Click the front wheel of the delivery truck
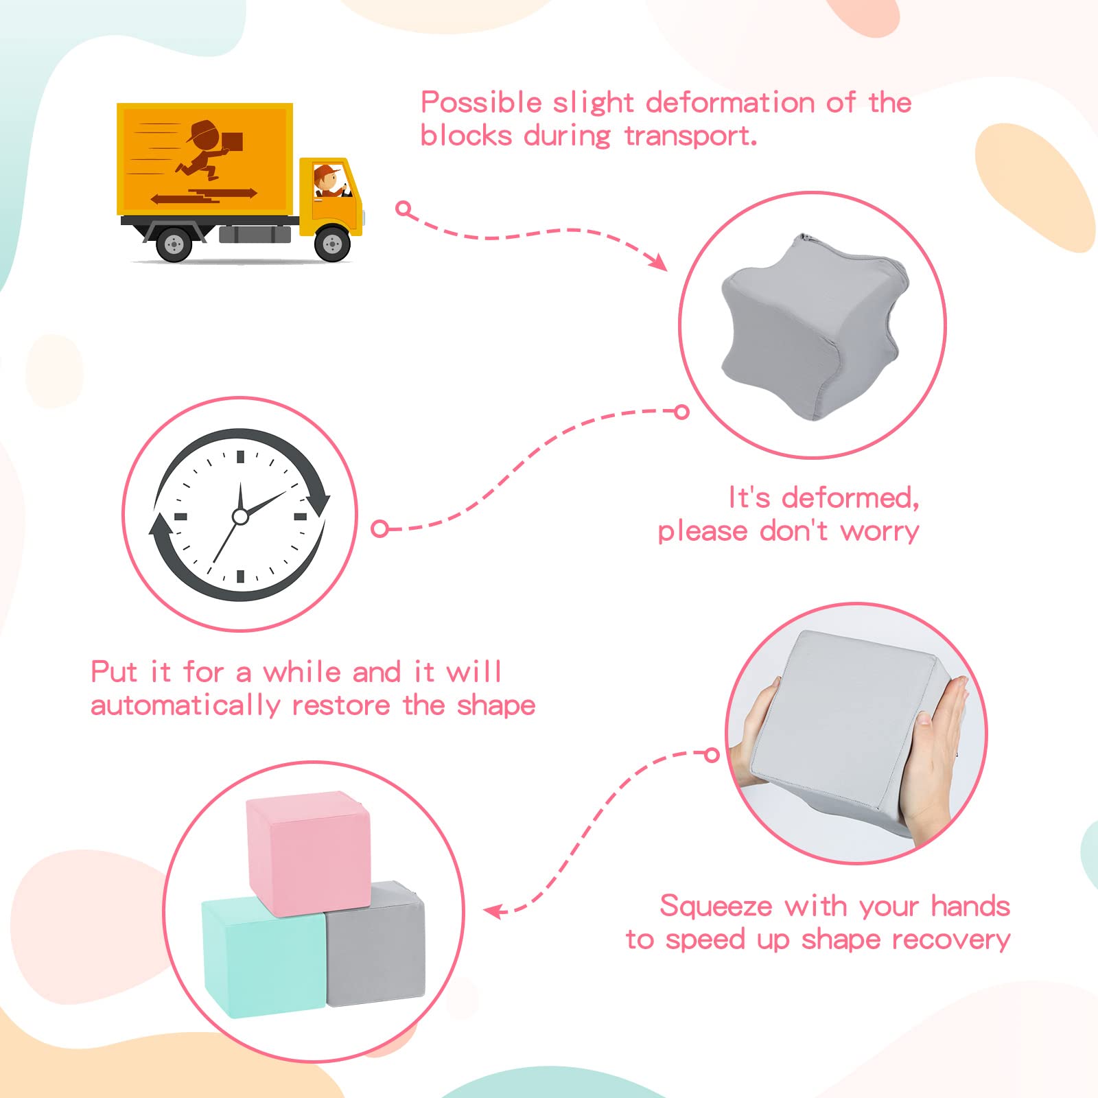click(332, 244)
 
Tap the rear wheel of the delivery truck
click(174, 244)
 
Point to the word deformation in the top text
click(730, 103)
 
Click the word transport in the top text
click(690, 136)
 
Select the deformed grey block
click(815, 326)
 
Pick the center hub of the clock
click(240, 516)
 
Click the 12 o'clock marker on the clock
click(240, 457)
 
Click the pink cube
click(309, 853)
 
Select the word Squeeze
click(716, 907)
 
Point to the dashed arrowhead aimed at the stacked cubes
click(494, 911)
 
